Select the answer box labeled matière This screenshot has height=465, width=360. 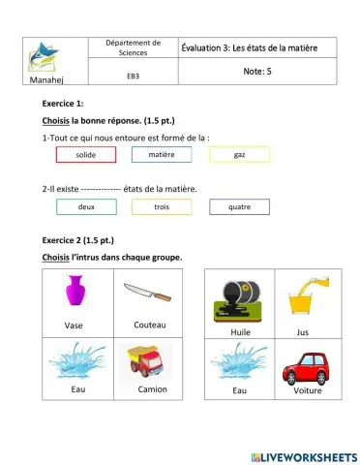162,154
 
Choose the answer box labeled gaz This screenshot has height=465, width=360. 239,154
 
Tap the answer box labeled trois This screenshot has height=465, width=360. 162,206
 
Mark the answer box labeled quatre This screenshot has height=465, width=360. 239,206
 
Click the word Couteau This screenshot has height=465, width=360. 150,325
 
